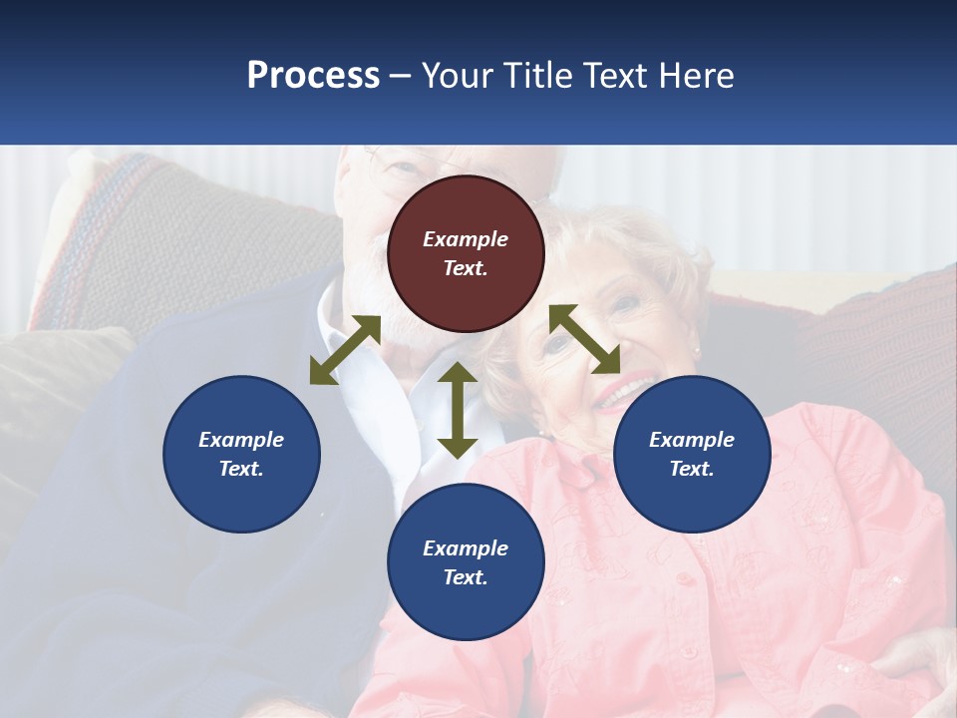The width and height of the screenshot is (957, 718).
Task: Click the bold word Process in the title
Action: pos(313,76)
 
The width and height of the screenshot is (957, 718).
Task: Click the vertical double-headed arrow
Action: pos(458,410)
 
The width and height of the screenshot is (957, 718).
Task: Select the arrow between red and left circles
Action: pos(345,350)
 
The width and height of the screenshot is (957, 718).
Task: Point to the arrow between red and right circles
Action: pos(585,339)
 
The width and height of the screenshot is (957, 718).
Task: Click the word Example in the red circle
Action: pos(466,239)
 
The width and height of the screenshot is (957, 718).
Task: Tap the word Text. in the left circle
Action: pos(241,469)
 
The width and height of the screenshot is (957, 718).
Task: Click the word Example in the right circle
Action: pos(692,440)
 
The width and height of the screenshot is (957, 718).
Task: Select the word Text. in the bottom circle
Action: pos(466,577)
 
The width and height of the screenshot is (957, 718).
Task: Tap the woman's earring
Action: pos(544,432)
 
